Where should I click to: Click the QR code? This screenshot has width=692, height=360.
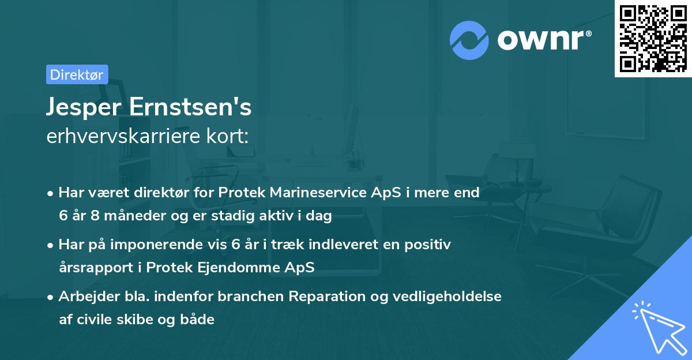(x=653, y=39)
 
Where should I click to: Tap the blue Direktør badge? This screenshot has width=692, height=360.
(x=77, y=74)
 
